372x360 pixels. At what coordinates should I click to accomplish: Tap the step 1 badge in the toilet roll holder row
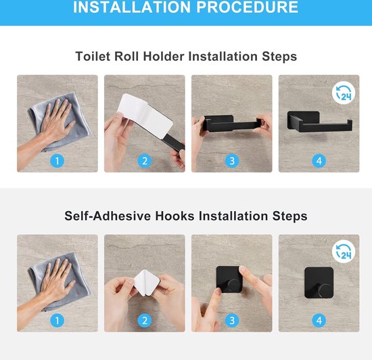(57, 160)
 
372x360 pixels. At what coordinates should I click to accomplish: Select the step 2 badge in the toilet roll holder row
(144, 160)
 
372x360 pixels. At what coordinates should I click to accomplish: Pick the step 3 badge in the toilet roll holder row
(232, 160)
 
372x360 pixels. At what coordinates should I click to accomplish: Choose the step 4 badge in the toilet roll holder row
(319, 160)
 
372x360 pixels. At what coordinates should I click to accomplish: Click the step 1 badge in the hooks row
(57, 321)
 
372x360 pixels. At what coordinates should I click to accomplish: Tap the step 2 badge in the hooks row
(144, 321)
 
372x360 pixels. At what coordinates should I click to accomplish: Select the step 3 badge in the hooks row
(232, 321)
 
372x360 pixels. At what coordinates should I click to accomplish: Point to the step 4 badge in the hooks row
(319, 321)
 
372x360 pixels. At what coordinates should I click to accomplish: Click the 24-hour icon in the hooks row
(344, 252)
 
